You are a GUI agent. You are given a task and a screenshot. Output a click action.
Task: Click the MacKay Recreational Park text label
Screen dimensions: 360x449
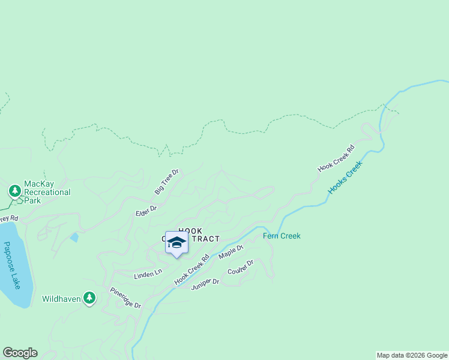47,192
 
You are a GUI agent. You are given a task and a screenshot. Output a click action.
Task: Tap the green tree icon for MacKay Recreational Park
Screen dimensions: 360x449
14,191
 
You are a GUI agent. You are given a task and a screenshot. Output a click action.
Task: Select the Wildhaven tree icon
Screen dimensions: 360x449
89,298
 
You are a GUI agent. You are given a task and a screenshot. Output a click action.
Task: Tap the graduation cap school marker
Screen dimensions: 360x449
176,242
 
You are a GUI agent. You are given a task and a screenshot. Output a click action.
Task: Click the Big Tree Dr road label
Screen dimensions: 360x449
167,181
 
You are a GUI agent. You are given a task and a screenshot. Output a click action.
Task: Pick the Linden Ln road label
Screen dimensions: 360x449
148,274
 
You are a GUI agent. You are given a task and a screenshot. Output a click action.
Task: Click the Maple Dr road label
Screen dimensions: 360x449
231,251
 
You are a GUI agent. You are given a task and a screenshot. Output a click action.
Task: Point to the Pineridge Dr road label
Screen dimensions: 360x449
125,298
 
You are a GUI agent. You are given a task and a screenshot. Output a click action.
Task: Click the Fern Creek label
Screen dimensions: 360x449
282,236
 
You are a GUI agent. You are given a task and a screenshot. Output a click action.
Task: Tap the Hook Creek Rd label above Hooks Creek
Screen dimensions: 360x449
336,158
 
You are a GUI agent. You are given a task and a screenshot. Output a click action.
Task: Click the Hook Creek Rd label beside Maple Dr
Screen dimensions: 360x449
191,269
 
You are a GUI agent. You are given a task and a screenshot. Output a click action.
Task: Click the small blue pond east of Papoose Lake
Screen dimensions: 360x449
74,238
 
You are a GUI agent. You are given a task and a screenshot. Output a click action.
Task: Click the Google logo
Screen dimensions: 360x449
20,353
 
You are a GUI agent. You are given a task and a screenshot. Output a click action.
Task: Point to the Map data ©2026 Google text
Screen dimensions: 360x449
412,355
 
